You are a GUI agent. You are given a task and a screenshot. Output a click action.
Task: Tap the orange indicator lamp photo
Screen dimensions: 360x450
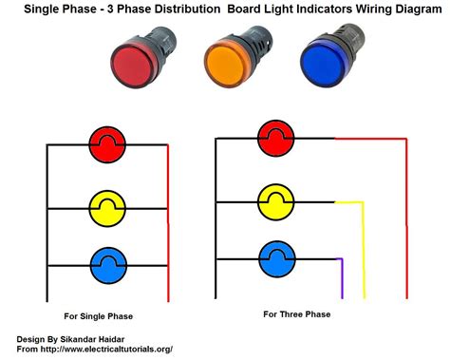[x=232, y=63]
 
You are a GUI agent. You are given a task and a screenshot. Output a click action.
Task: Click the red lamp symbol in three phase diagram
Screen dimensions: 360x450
[x=275, y=137]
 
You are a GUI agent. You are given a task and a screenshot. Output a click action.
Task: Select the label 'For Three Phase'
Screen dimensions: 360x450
[x=296, y=313]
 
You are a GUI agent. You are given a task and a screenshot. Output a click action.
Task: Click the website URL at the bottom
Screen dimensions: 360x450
[x=113, y=349]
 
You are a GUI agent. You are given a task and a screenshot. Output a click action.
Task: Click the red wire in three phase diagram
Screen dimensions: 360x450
[x=406, y=209]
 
